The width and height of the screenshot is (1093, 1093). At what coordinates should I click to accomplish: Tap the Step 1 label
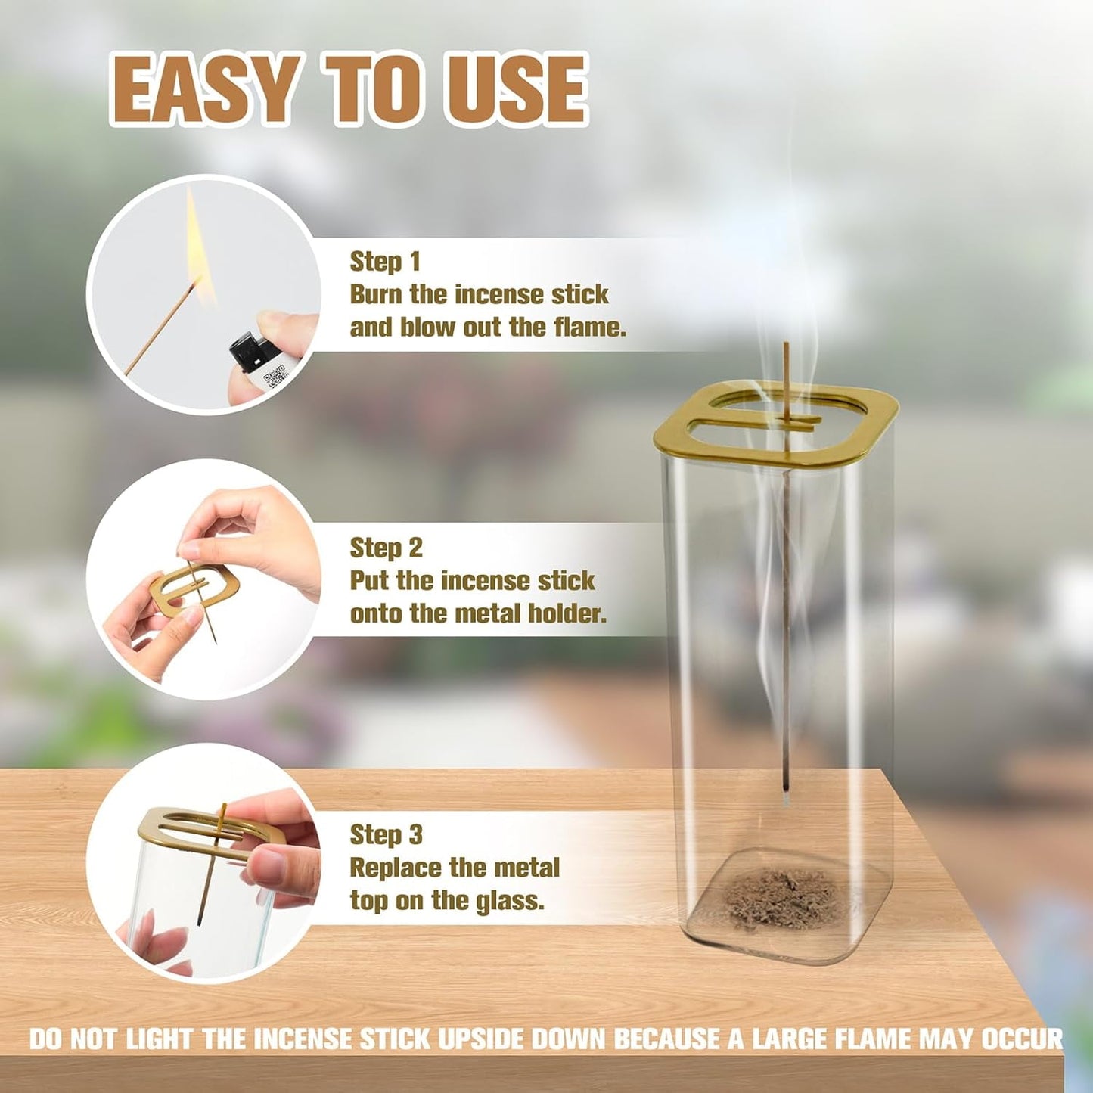pos(384,262)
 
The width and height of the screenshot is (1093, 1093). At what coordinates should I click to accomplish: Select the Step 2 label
pos(386,548)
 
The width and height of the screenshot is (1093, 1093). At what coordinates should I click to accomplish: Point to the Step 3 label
pos(386,834)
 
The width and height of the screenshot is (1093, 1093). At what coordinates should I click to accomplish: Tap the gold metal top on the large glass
pos(775,424)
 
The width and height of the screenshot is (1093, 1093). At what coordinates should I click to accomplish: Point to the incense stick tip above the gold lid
pos(786,346)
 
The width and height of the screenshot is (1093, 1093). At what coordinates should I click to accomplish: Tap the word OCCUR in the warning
pos(1022,1039)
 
